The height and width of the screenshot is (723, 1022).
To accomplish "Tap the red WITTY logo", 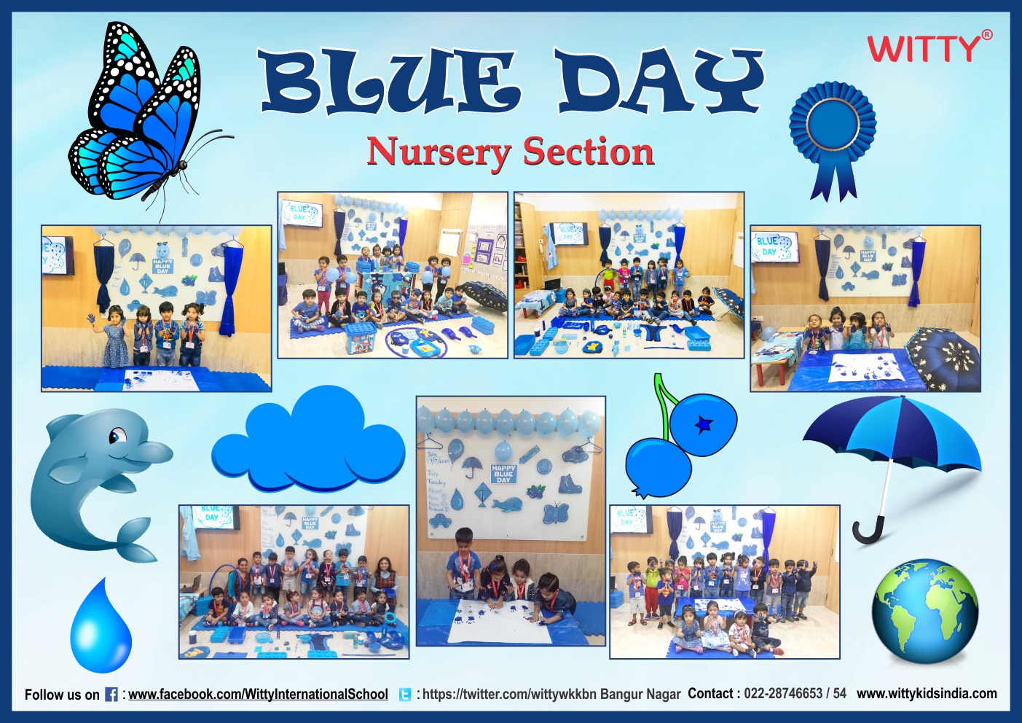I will point(923,49).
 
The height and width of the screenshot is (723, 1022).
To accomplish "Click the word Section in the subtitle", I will point(589,152).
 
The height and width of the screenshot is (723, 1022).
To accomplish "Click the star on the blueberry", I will point(704,423).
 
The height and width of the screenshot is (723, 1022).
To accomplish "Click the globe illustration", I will point(925,611).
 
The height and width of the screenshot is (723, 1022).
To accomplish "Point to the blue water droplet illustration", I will point(101,630).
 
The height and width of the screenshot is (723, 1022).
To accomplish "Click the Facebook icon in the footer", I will point(111,695).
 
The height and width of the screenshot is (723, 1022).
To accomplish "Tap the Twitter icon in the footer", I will point(405,695).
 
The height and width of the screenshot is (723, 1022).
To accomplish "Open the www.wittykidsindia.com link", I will point(927,693).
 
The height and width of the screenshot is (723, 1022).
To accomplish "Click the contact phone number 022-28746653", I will point(783,693).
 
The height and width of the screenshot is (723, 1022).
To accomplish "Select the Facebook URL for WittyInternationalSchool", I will point(258,694).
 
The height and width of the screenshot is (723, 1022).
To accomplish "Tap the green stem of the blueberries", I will point(665,402).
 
